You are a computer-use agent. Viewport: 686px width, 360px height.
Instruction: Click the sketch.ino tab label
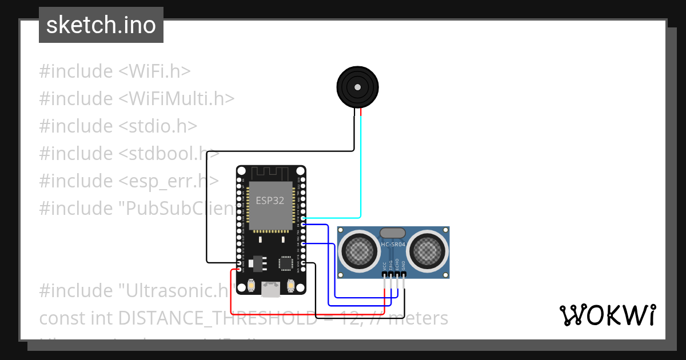pyautogui.click(x=101, y=25)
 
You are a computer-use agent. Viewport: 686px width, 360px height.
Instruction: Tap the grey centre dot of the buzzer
pyautogui.click(x=357, y=87)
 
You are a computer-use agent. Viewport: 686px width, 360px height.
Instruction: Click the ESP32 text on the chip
pyautogui.click(x=269, y=201)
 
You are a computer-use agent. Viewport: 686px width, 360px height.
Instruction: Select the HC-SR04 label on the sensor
pyautogui.click(x=393, y=245)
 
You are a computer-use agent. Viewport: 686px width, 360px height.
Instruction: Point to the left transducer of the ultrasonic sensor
pyautogui.click(x=358, y=249)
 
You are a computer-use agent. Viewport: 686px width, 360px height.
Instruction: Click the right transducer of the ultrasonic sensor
pyautogui.click(x=428, y=249)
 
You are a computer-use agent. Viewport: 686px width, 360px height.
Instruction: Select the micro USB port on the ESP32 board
pyautogui.click(x=271, y=290)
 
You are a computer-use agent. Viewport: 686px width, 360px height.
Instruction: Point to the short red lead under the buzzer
pyautogui.click(x=361, y=113)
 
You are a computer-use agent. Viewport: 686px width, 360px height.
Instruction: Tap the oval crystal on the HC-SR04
pyautogui.click(x=393, y=233)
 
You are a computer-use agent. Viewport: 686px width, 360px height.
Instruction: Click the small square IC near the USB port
pyautogui.click(x=286, y=263)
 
